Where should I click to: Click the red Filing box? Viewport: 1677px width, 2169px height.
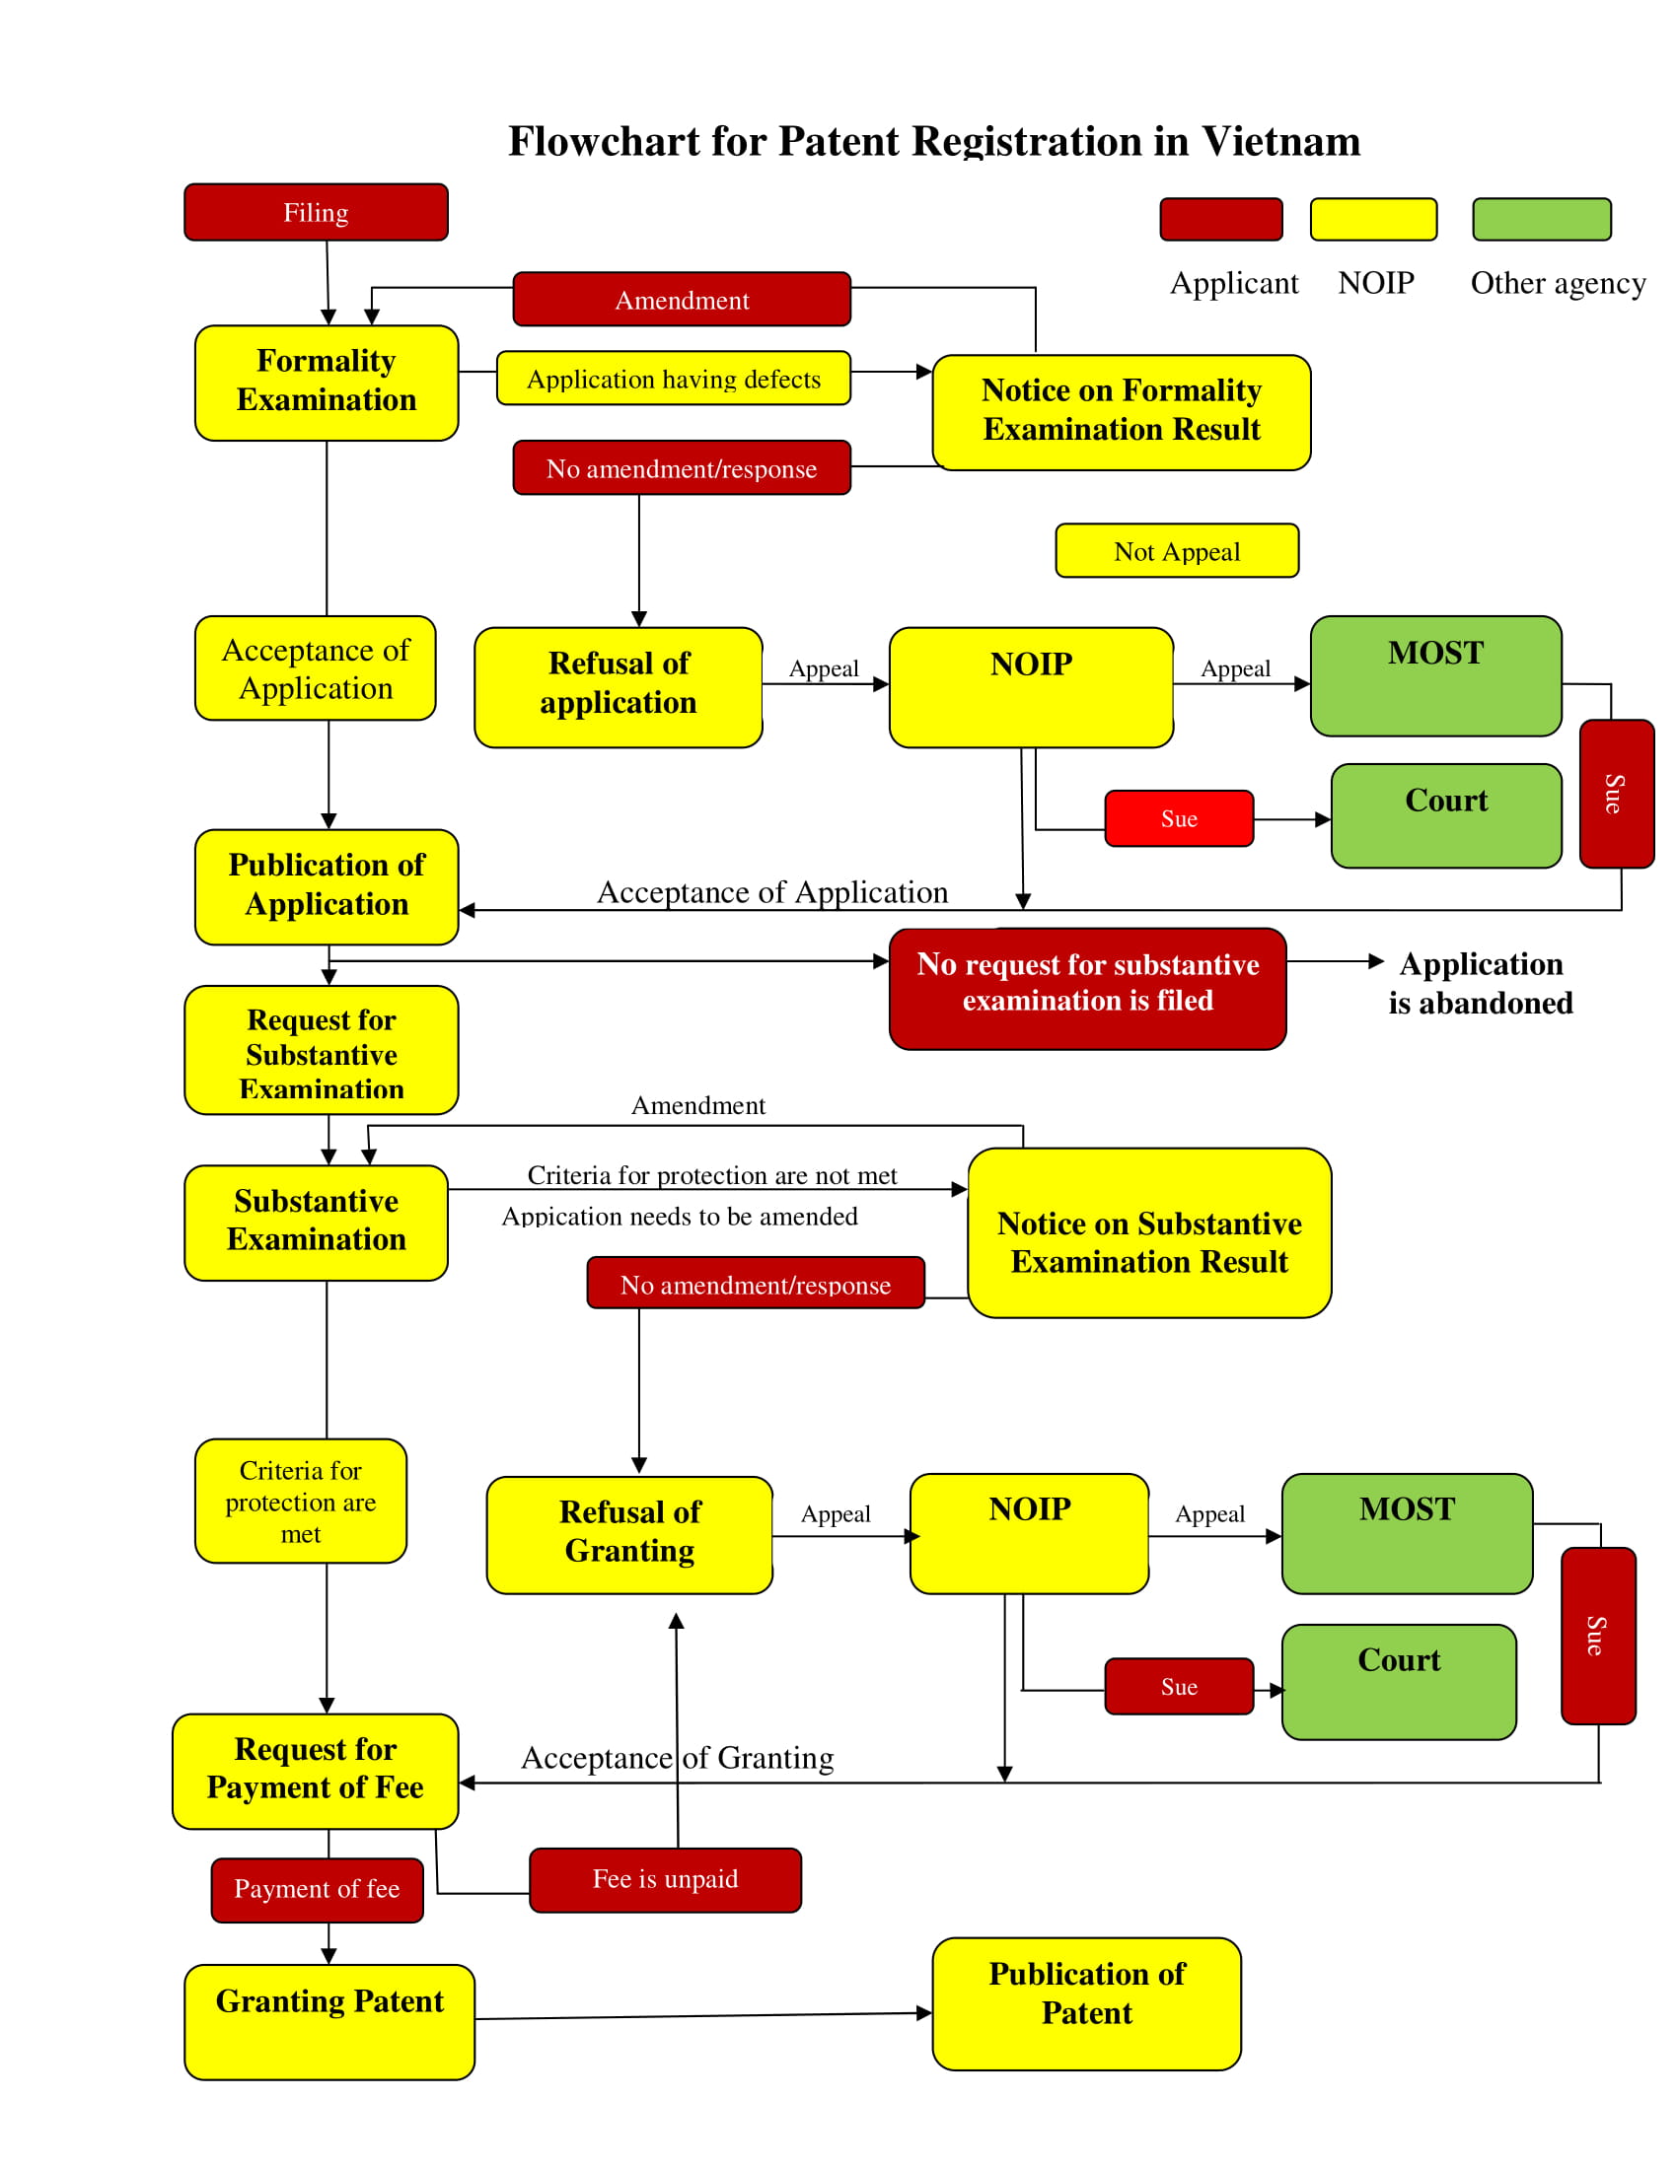(316, 212)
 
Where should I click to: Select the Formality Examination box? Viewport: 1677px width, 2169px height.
(326, 383)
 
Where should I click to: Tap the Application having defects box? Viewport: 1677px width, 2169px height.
(674, 378)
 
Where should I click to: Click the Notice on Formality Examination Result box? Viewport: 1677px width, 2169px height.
(1122, 412)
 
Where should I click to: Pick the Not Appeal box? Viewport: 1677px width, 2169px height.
(1177, 550)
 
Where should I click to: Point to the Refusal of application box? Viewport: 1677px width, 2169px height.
(618, 687)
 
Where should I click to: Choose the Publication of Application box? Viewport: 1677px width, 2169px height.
(326, 887)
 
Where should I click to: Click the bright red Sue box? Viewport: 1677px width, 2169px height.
(1179, 818)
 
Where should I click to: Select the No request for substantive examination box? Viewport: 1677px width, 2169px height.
(1088, 988)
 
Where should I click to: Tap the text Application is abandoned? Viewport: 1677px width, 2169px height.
(1481, 983)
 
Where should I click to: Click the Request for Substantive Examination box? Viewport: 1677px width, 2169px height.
(321, 1050)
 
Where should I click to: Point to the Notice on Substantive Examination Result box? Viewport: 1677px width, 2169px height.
(1149, 1232)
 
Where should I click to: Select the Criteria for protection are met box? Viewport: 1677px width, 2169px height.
(300, 1501)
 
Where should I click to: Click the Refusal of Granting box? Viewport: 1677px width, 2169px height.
(630, 1534)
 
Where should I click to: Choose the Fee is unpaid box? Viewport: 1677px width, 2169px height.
(666, 1879)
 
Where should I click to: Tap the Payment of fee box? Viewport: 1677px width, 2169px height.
(317, 1889)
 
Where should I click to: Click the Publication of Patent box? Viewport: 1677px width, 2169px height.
(1087, 2003)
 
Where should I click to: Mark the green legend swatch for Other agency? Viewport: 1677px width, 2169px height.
(1542, 219)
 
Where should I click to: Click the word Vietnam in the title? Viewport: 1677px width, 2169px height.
(1281, 141)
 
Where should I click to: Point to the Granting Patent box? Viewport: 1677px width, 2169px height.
(328, 2021)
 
